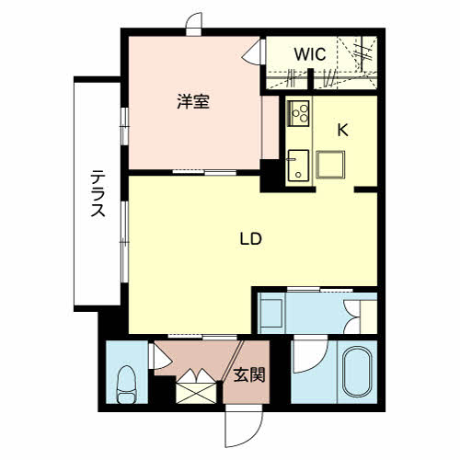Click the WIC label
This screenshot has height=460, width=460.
(x=310, y=54)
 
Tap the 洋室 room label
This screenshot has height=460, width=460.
(x=193, y=101)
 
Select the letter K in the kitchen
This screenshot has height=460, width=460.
(x=342, y=131)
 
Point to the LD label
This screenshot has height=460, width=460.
(x=250, y=239)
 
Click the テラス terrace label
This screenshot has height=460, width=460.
(x=98, y=193)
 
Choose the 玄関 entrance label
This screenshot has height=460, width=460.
(x=249, y=375)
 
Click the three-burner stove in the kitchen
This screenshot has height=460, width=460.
(x=298, y=113)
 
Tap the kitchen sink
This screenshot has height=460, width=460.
(x=297, y=166)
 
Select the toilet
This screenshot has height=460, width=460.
(x=126, y=385)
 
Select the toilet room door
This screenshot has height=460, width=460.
(x=159, y=356)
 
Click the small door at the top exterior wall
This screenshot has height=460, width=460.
(x=194, y=24)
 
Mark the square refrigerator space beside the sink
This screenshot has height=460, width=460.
(x=330, y=165)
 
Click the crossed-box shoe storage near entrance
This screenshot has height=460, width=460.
(x=196, y=393)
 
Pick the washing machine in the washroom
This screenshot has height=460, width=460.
(x=271, y=313)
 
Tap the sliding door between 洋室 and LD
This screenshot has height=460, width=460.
(x=204, y=172)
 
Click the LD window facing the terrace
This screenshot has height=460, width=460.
(x=124, y=242)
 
